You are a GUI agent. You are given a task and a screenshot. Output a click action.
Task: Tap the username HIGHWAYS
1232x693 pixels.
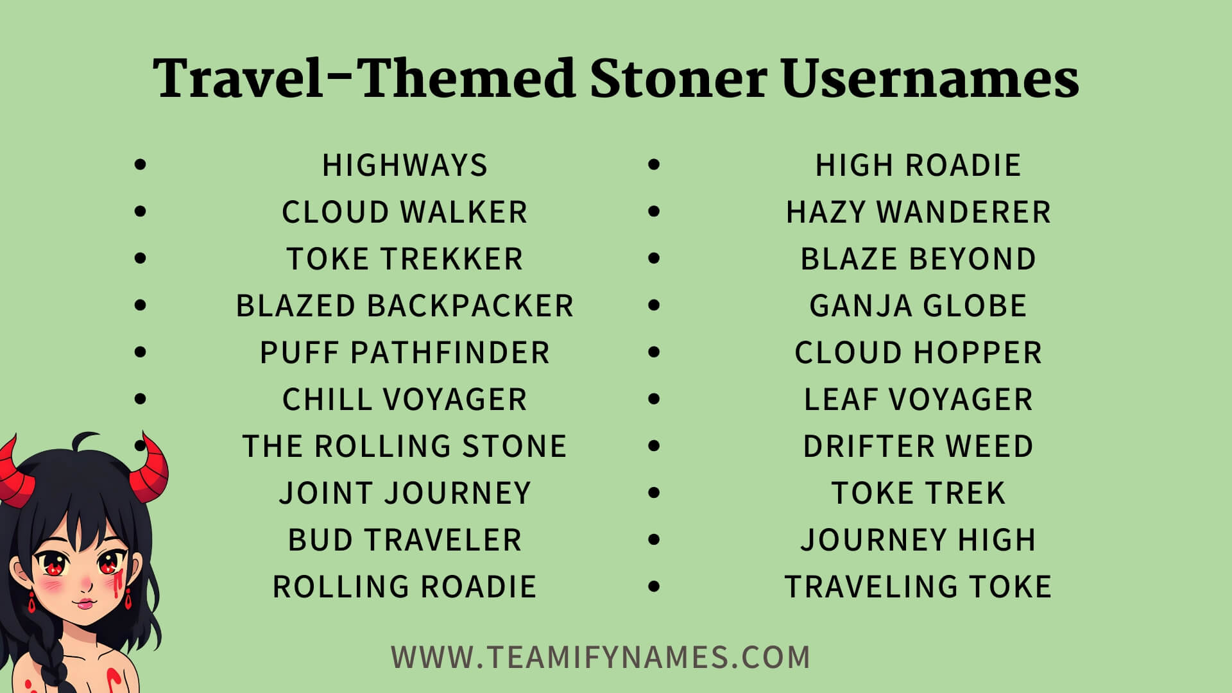(405, 166)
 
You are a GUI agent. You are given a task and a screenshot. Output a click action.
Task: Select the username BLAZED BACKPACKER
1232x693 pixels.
(405, 306)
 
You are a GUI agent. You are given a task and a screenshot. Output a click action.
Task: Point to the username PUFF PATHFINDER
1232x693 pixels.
(405, 353)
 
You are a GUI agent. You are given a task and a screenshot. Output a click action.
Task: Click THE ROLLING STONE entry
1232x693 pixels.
(405, 447)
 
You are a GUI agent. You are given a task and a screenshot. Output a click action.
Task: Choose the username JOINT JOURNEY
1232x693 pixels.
(405, 493)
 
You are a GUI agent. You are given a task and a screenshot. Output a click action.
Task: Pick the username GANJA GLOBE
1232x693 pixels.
(918, 306)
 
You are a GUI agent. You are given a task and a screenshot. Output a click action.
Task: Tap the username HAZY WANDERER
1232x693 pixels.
(918, 212)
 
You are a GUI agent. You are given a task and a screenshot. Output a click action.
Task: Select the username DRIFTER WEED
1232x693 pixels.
(918, 447)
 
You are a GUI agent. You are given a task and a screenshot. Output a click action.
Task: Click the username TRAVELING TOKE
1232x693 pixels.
(918, 587)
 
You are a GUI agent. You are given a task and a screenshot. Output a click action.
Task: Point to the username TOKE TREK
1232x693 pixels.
(918, 493)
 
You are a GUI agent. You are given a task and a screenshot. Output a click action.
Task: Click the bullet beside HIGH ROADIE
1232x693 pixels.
(654, 165)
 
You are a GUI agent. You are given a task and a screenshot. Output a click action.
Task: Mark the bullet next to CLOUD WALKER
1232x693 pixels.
(141, 212)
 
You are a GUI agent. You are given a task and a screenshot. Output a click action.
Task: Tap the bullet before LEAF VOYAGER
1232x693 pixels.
(654, 399)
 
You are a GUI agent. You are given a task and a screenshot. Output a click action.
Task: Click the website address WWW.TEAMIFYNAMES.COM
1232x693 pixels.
(601, 658)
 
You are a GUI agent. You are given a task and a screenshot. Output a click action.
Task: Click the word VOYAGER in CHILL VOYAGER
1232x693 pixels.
(455, 400)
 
